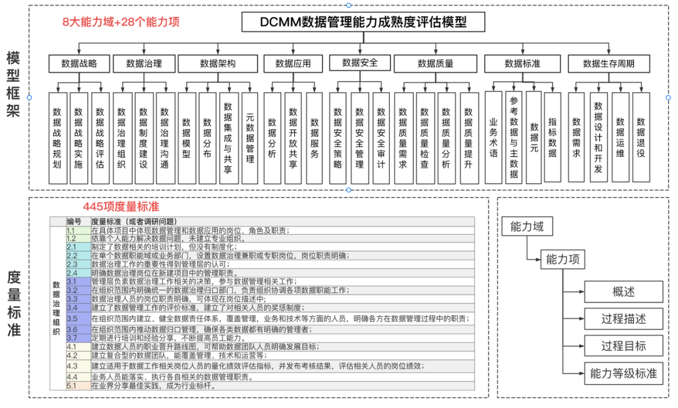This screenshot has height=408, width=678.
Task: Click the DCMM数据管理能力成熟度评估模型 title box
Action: [x=363, y=23]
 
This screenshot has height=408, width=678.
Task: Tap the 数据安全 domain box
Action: [x=360, y=63]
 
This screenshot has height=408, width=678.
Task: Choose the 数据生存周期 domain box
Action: [x=608, y=63]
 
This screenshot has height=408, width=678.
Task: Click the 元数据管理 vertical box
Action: [x=249, y=137]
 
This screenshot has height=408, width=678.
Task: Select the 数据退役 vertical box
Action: [x=641, y=137]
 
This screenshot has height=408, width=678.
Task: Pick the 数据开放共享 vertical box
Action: [x=293, y=137]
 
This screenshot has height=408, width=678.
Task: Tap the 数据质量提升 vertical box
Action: [x=468, y=137]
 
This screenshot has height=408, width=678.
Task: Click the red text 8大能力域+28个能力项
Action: [x=121, y=22]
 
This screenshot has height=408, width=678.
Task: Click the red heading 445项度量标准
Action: [x=121, y=207]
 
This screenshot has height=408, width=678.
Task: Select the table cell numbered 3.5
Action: [x=78, y=319]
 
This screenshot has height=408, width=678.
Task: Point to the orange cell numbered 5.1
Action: [x=78, y=385]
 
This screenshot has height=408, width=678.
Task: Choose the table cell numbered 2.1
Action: [x=78, y=247]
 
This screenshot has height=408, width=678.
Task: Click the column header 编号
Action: [x=74, y=222]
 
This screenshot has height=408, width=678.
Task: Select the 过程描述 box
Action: [x=623, y=319]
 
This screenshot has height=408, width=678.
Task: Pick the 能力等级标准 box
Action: [x=623, y=373]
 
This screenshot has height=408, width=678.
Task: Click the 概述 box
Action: [x=623, y=292]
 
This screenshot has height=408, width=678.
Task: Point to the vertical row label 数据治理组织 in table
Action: [x=57, y=308]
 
